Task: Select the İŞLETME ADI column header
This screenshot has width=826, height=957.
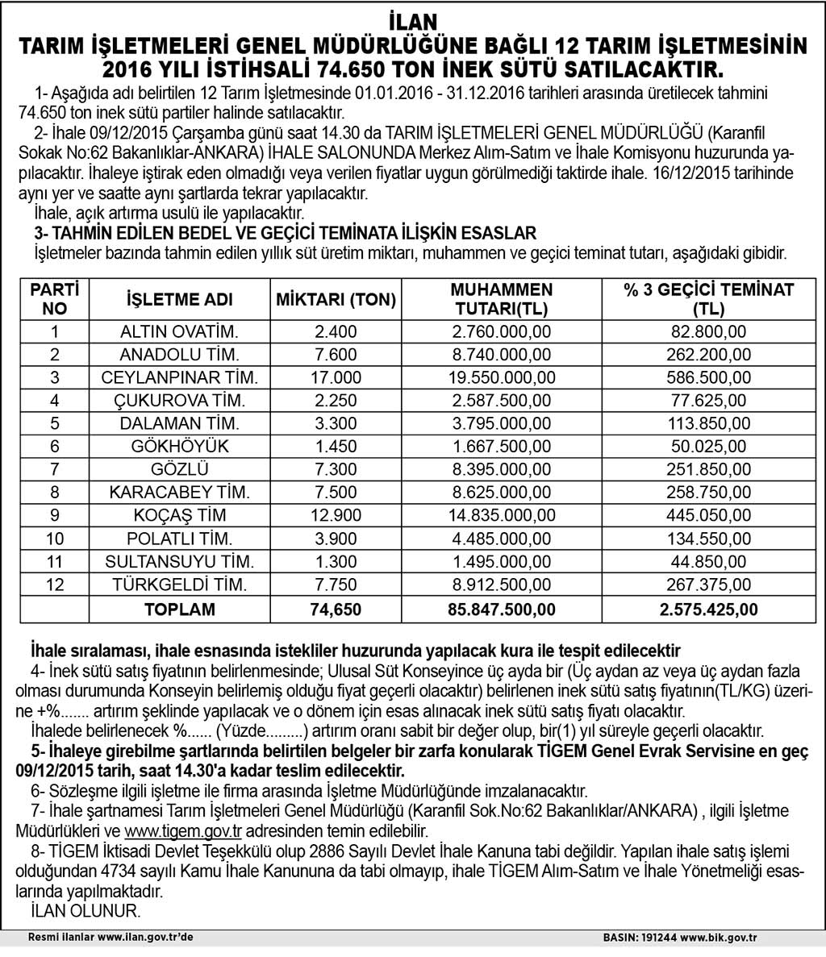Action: tap(180, 300)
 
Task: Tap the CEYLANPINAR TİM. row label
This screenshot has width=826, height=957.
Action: tap(180, 377)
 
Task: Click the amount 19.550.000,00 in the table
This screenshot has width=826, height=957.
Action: tap(502, 377)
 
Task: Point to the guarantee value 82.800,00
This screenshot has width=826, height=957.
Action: tap(708, 331)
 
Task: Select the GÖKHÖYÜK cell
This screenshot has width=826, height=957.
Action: tap(180, 446)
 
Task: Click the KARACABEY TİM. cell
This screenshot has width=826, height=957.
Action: tap(180, 492)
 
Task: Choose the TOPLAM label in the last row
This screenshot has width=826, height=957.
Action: tap(180, 610)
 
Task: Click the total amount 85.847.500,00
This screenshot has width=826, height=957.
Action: tap(502, 610)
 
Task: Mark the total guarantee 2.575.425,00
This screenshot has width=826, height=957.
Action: tap(708, 610)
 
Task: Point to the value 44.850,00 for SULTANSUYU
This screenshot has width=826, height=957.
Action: tap(708, 561)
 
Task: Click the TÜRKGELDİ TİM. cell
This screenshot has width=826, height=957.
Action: tap(180, 585)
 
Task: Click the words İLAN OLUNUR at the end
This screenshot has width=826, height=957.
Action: tap(85, 910)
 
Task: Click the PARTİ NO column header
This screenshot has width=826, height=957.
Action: tap(55, 299)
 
